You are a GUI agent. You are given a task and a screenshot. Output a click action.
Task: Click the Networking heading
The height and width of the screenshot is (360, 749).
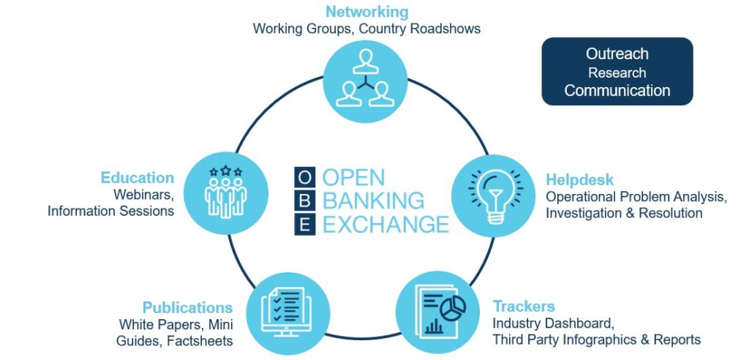(x=367, y=12)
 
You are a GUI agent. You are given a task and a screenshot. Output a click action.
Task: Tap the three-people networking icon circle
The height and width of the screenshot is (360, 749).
(x=366, y=81)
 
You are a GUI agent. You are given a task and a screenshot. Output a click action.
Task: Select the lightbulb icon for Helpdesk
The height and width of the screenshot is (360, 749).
(x=494, y=195)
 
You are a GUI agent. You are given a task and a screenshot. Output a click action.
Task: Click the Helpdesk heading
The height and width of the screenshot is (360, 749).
(x=579, y=180)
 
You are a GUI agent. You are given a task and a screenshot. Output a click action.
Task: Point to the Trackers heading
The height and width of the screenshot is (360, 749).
(x=524, y=306)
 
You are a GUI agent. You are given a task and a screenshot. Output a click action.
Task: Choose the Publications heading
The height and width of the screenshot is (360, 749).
(x=188, y=307)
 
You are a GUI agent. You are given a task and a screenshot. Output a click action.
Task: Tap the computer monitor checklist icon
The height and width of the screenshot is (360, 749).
(x=288, y=314)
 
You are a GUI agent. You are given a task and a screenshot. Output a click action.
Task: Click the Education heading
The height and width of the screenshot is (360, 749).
(x=137, y=178)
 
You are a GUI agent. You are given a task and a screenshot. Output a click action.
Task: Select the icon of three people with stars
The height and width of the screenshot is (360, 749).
(x=225, y=192)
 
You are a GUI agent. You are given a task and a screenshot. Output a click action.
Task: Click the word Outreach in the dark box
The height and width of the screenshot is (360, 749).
(x=617, y=53)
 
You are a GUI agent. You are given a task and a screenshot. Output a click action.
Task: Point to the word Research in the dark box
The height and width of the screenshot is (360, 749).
(x=617, y=72)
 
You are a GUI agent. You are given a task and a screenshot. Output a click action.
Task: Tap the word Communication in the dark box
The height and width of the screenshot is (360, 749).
(x=617, y=90)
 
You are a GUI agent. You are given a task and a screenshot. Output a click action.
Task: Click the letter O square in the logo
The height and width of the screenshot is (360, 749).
(x=305, y=177)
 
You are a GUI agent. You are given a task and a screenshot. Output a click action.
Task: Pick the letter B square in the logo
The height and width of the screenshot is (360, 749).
(x=305, y=201)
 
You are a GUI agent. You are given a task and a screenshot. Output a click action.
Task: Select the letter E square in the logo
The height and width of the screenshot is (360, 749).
(x=305, y=225)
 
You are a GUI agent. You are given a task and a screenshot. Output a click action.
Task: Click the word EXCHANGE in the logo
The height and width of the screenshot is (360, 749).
(x=386, y=225)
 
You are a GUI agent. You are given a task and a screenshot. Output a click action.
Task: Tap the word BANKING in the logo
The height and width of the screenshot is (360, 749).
(x=374, y=201)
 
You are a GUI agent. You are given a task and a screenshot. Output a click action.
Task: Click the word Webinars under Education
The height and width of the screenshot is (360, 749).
(x=143, y=195)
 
